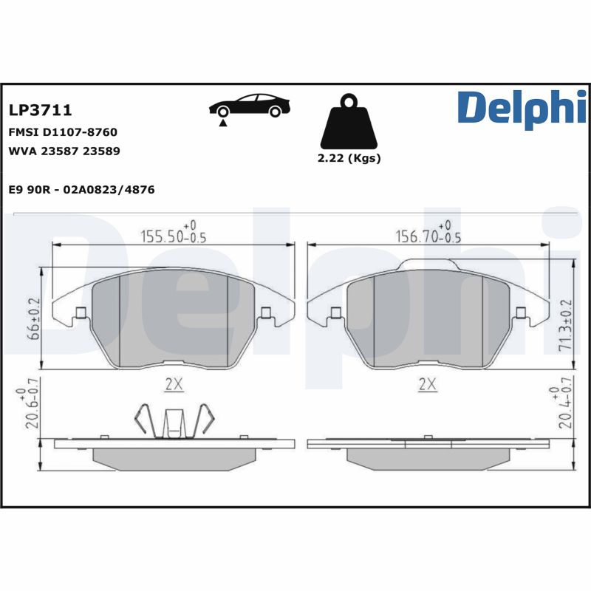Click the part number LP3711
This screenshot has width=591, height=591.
pos(40,111)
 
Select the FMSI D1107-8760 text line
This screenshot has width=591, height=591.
pos(62,132)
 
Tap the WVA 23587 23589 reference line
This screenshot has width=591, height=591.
pos(64,151)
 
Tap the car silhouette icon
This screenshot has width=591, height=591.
pos(249,106)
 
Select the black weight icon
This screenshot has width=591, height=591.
pos(348,123)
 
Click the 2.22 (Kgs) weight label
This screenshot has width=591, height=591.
pos(349,159)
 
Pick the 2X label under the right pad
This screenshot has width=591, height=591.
pos(427,385)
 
